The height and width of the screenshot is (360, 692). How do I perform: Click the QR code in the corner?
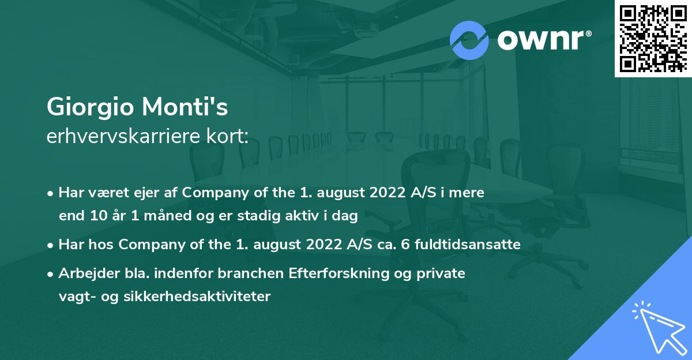pos(653,38)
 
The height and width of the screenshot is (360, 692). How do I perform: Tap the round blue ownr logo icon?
pos(469,40)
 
